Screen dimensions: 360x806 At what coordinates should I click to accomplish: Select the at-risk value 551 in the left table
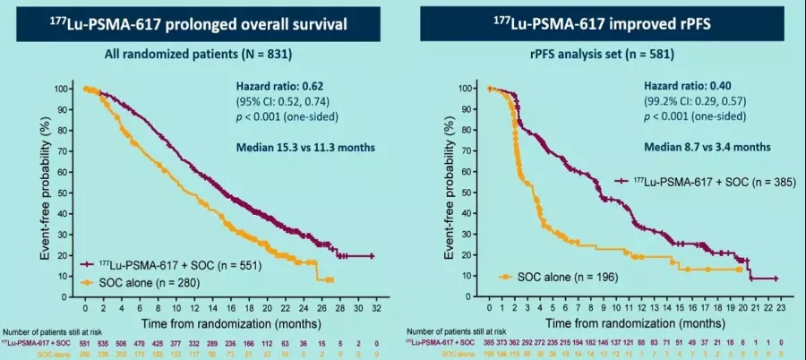tap(88, 342)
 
